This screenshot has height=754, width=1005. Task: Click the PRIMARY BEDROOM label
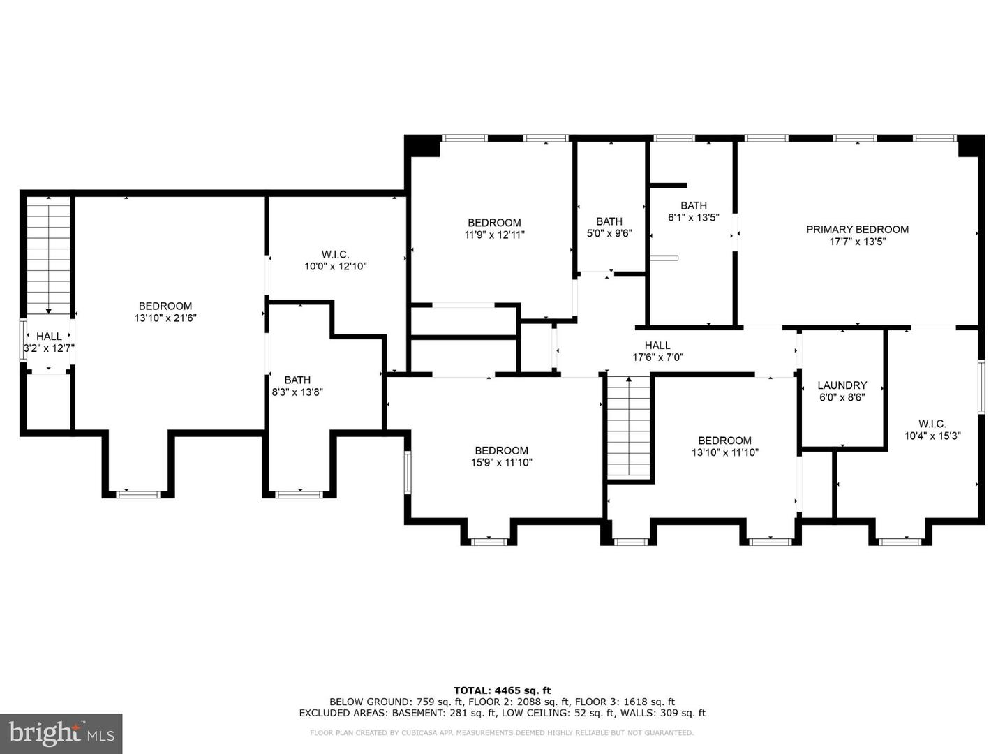tap(857, 229)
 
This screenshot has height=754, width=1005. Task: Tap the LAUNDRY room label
tap(842, 385)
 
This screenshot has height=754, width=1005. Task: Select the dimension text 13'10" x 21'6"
tap(165, 318)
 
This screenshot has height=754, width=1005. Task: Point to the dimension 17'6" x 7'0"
tap(657, 357)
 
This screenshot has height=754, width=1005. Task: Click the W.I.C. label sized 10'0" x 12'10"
tap(335, 254)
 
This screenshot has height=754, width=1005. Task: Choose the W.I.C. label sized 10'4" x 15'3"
tap(932, 424)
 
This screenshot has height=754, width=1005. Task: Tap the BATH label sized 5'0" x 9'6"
tap(609, 221)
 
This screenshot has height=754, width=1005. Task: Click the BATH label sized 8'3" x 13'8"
tap(297, 380)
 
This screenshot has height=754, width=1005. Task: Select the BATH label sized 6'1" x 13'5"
tap(693, 205)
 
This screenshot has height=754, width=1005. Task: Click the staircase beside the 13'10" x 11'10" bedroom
tap(630, 427)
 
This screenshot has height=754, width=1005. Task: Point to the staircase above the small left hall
tap(49, 255)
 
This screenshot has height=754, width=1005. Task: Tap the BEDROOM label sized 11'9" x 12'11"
tap(494, 223)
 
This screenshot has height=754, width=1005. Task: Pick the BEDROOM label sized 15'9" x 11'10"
tap(501, 450)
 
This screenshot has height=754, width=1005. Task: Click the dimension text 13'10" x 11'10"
tap(724, 452)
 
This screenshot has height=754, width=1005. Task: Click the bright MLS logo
tap(61, 733)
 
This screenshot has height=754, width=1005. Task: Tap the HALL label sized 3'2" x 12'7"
tap(49, 336)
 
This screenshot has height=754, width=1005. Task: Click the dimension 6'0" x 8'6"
tap(842, 397)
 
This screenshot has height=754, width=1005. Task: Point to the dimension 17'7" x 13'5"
tap(857, 242)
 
